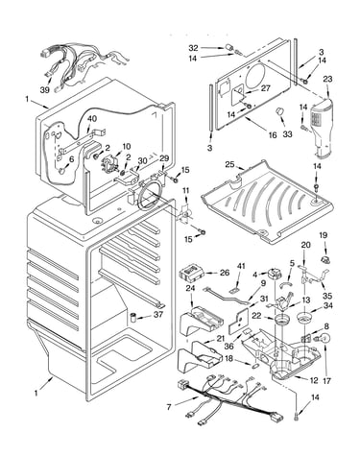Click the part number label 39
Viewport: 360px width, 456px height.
pos(45,90)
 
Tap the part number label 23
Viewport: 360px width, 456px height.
pos(327,79)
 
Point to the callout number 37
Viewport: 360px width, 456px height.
pos(158,315)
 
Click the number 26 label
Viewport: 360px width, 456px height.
pos(225,273)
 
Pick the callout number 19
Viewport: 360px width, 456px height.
pos(324,235)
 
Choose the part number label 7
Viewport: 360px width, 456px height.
pos(169,407)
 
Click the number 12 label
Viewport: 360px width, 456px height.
pos(314,380)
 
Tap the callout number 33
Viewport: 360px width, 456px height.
pos(287,134)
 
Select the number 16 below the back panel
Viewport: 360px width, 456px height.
pos(273,135)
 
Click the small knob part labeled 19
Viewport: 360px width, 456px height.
pos(324,259)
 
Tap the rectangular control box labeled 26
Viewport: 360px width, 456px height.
pos(191,273)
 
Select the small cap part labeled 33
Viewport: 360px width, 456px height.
pos(280,111)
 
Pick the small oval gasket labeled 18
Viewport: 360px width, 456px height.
pos(255,365)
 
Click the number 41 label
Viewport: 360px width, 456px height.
pos(241,266)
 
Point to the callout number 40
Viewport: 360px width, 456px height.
pos(92,119)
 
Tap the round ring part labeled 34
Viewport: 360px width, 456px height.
pos(305,319)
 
